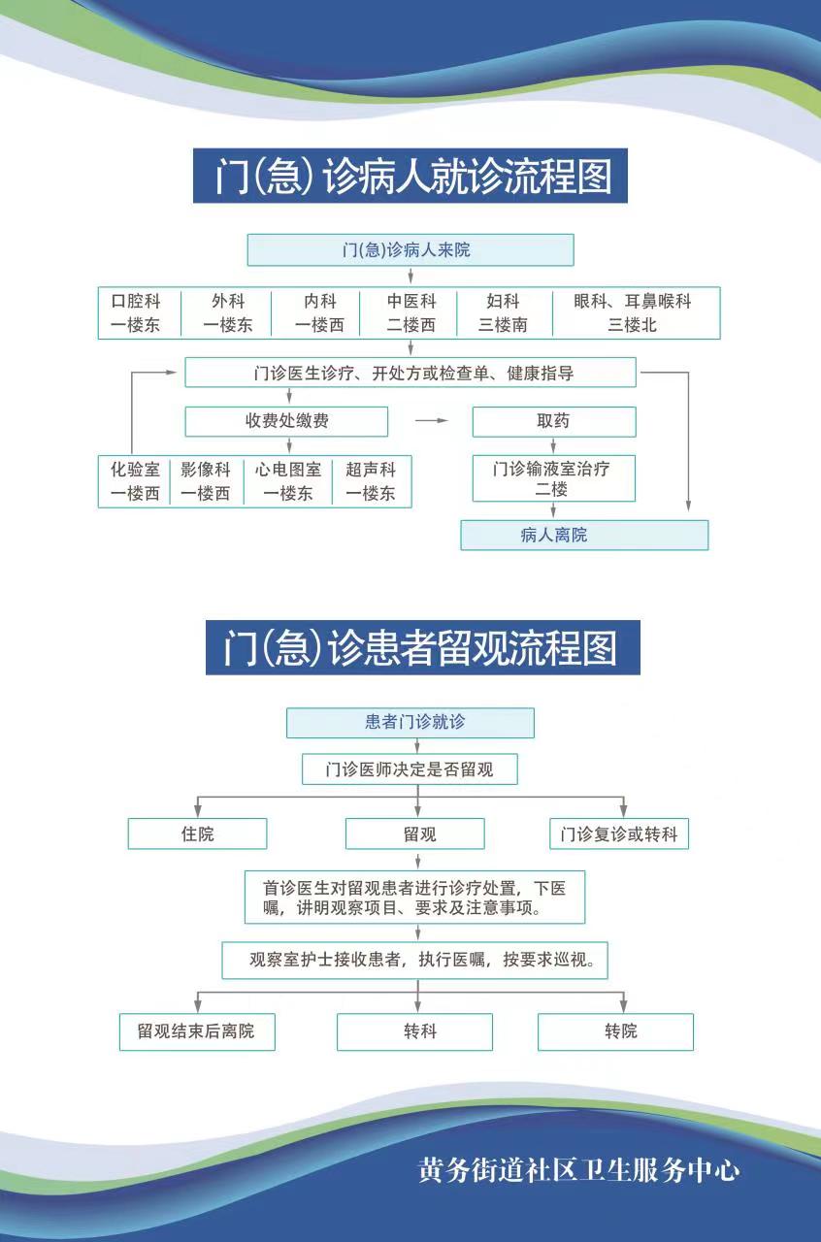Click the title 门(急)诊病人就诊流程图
410,176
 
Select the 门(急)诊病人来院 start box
410,250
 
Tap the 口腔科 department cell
139,312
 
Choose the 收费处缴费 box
286,421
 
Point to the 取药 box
554,421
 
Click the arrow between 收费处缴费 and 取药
432,421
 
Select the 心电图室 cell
288,480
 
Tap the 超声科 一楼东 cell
372,480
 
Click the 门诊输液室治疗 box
553,478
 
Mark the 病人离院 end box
584,535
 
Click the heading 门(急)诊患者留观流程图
423,647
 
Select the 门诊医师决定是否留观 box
410,769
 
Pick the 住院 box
197,833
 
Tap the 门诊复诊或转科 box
619,833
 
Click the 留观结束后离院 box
197,1031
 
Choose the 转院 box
615,1031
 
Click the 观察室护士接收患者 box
415,960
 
